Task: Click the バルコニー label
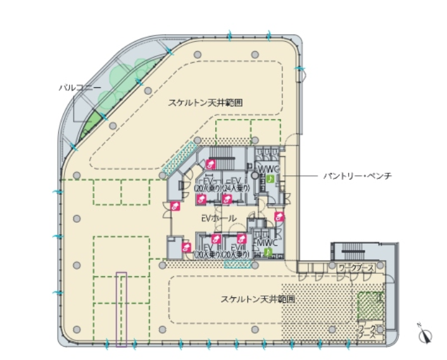[x=76, y=87]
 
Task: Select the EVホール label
[x=218, y=218]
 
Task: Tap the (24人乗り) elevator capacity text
[x=238, y=188]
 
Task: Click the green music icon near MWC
[x=268, y=251]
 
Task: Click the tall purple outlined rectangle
[x=121, y=309]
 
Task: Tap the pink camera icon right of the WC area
[x=279, y=216]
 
